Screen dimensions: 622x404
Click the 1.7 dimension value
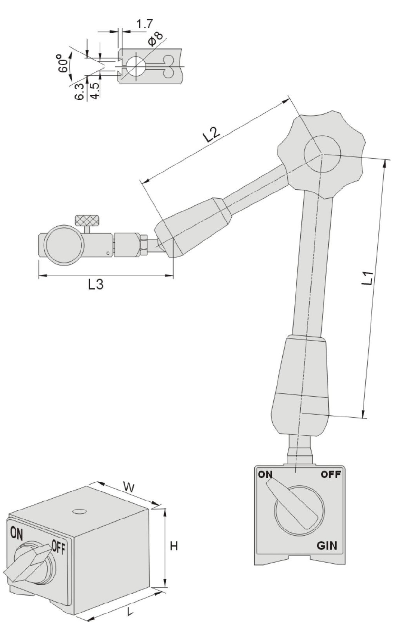[144, 24]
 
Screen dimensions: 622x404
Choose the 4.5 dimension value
[95, 91]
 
